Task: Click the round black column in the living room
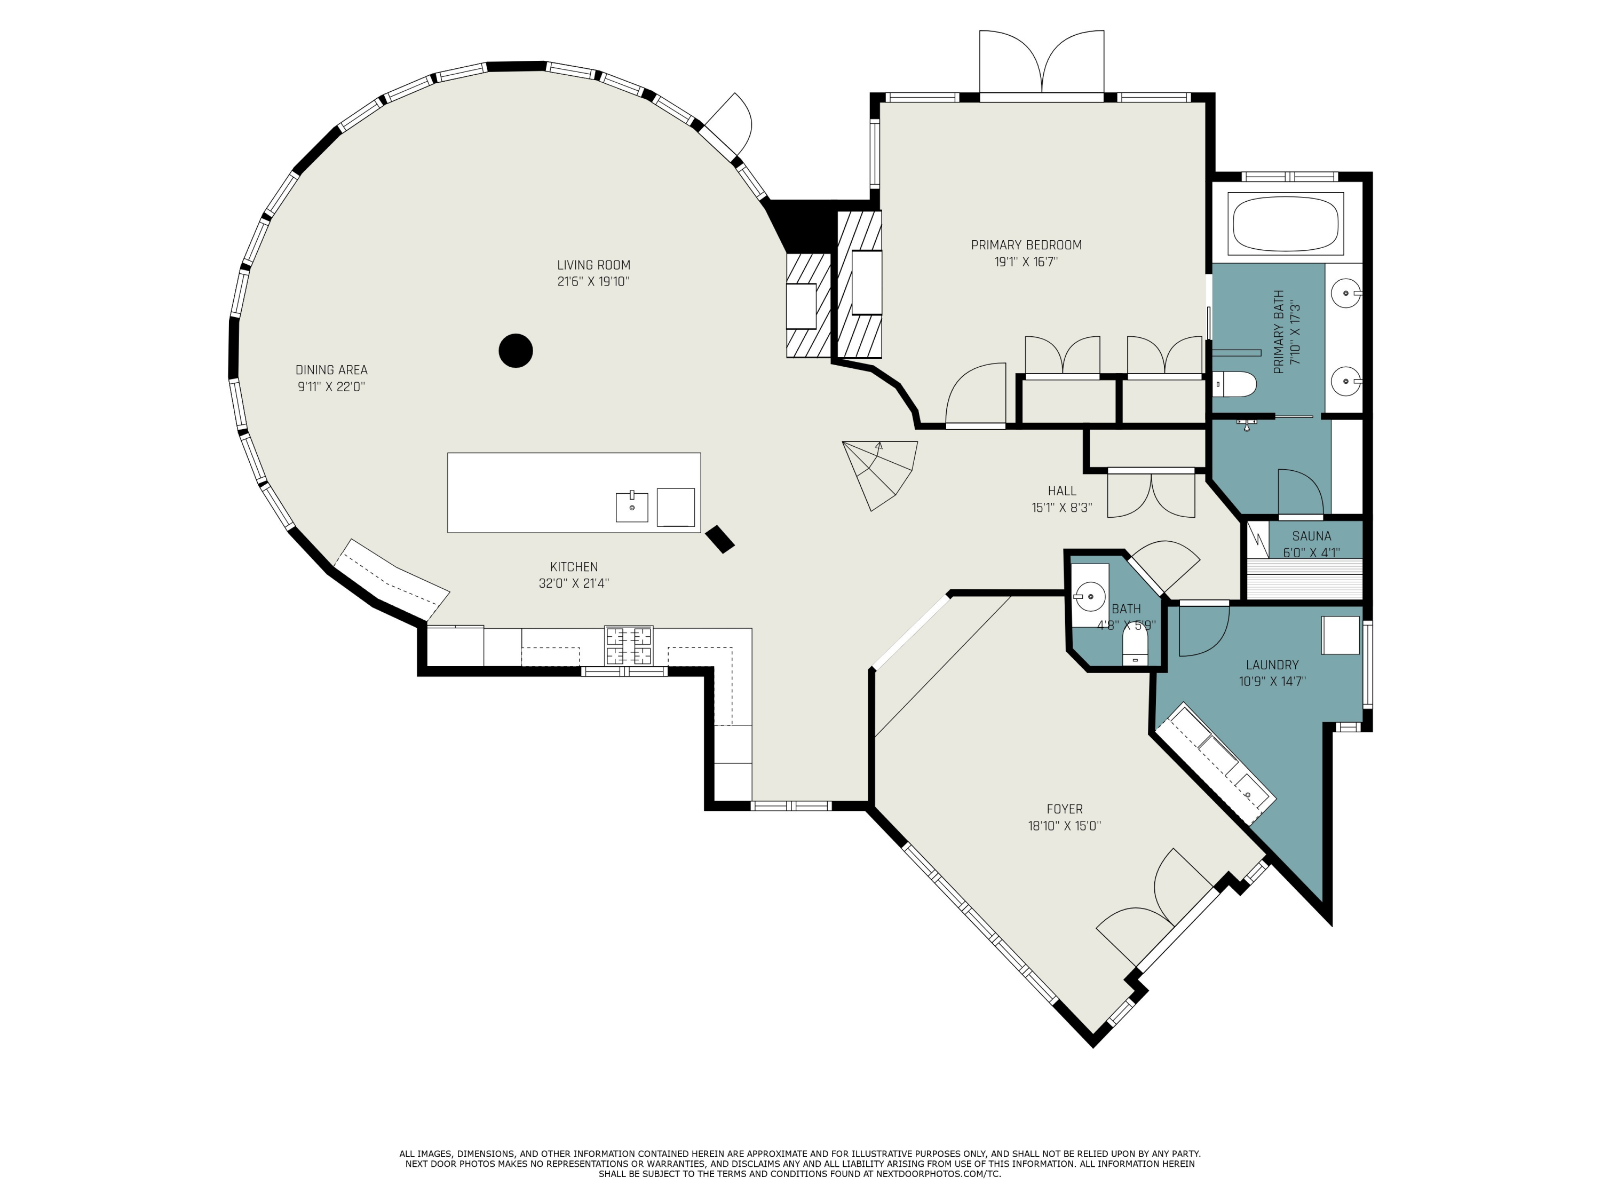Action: pyautogui.click(x=516, y=350)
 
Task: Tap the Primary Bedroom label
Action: pyautogui.click(x=1026, y=244)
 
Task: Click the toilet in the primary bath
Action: pyautogui.click(x=1235, y=384)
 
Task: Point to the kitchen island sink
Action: pyautogui.click(x=632, y=506)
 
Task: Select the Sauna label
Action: pyautogui.click(x=1312, y=536)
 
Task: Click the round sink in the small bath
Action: pyautogui.click(x=1089, y=597)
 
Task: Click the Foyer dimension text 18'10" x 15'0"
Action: pyautogui.click(x=1064, y=825)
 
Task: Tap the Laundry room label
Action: pyautogui.click(x=1272, y=665)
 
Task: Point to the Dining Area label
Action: pyautogui.click(x=331, y=370)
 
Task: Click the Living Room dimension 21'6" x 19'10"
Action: pyautogui.click(x=593, y=282)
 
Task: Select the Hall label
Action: pyautogui.click(x=1062, y=491)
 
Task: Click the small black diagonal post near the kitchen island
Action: pyautogui.click(x=719, y=539)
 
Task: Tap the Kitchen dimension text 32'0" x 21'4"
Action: pyautogui.click(x=574, y=583)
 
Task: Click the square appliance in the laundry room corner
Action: pyautogui.click(x=1341, y=635)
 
